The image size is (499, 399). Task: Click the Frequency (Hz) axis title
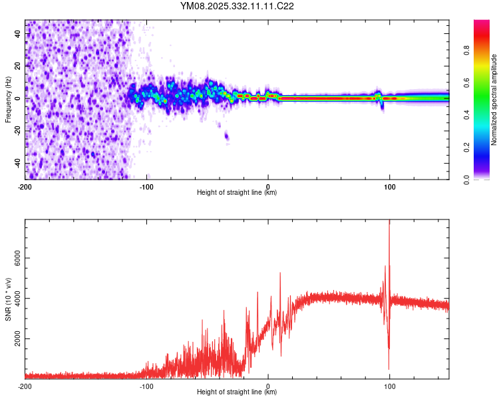click(x=8, y=100)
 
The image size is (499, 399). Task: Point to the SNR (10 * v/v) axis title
click(x=8, y=299)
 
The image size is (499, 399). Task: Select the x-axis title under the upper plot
click(x=237, y=192)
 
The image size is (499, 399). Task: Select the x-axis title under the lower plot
click(x=237, y=392)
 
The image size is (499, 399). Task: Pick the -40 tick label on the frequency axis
click(x=17, y=163)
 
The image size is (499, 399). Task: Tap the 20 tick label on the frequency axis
click(x=17, y=66)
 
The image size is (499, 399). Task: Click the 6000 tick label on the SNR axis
click(x=15, y=258)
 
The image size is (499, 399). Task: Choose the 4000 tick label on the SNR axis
click(x=15, y=299)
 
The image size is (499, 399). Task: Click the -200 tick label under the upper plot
click(x=25, y=186)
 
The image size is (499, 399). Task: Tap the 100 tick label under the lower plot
click(x=389, y=386)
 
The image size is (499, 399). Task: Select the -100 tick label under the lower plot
click(x=146, y=386)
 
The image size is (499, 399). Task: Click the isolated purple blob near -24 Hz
click(x=226, y=136)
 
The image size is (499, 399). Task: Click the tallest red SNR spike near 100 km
click(x=389, y=223)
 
